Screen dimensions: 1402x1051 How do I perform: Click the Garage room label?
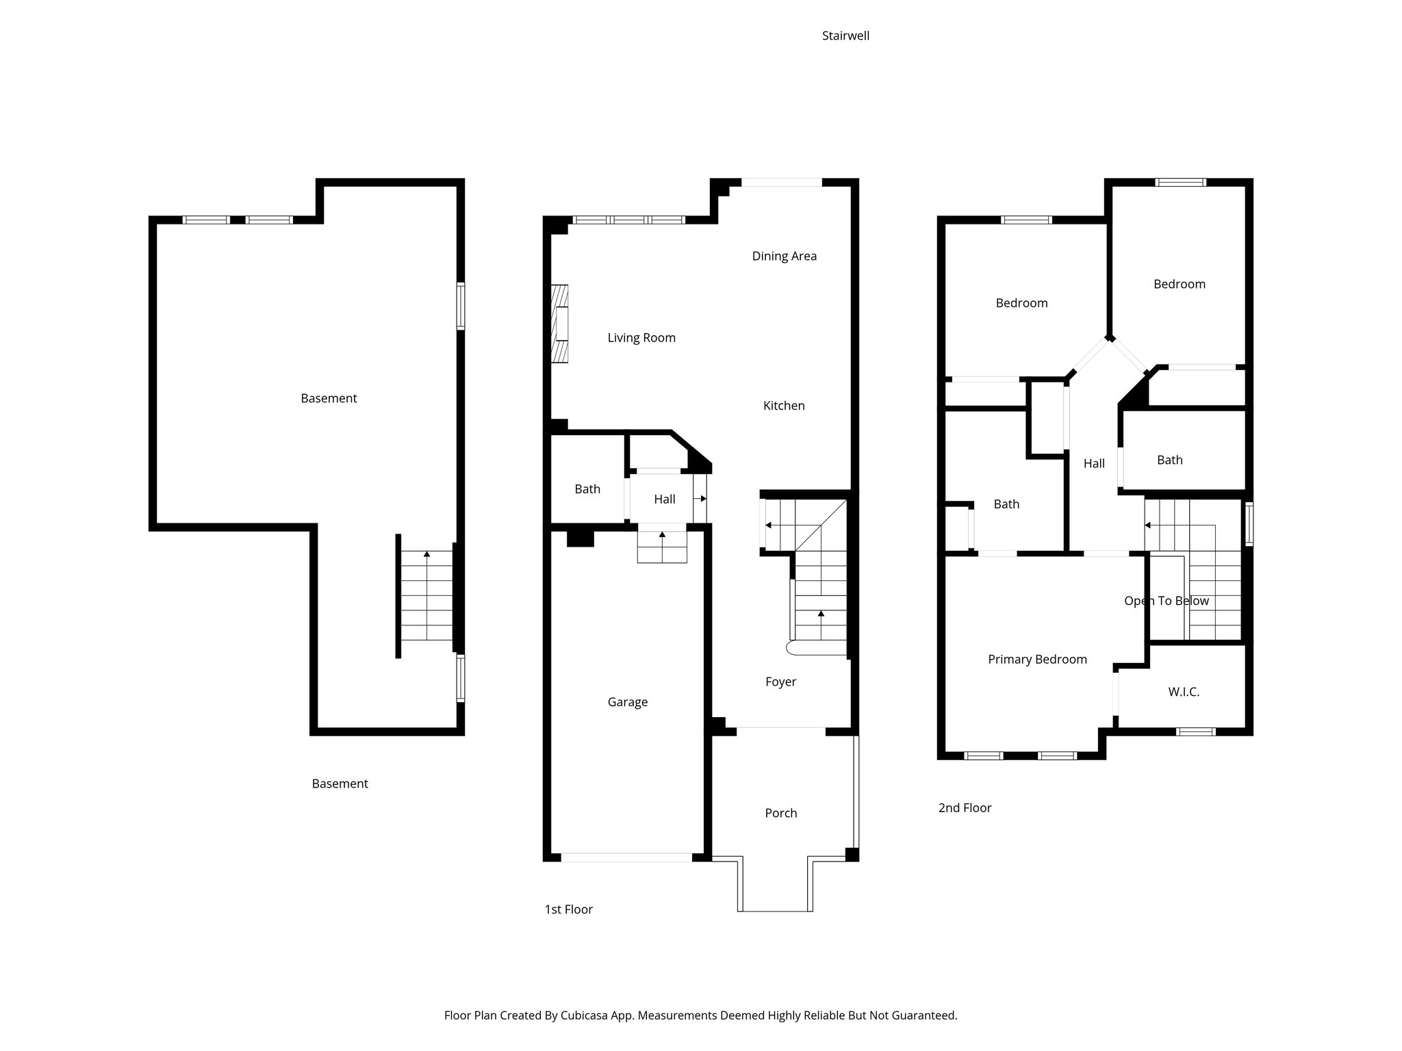627,702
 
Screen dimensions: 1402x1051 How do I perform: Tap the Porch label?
781,813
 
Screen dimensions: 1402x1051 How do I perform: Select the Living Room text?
641,337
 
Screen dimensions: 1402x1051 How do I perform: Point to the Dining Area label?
785,256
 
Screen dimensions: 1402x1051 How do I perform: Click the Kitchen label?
784,406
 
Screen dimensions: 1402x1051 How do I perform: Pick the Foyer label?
780,682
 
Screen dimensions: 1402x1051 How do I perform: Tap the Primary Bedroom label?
1037,660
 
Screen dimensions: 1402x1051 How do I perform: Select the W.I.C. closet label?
1184,692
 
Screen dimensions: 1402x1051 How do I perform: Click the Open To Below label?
1167,601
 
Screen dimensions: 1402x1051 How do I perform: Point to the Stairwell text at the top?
845,36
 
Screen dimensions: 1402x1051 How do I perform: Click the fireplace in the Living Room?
560,324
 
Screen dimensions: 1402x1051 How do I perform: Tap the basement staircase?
426,595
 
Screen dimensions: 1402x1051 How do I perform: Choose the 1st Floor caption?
568,909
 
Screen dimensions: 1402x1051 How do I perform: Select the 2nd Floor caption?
965,808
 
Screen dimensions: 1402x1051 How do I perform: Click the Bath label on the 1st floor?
587,489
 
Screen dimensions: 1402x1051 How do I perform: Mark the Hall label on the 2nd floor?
1094,463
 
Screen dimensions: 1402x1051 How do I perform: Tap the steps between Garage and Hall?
662,546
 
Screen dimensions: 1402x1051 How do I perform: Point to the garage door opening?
626,857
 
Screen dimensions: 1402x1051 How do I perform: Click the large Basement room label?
329,398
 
